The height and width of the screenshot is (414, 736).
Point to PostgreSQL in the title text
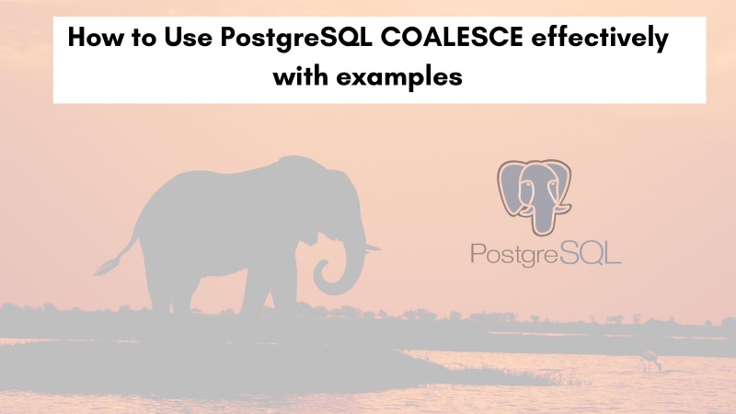click(x=293, y=42)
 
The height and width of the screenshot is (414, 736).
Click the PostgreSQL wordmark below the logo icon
click(x=546, y=250)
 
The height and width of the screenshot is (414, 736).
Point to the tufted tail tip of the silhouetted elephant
click(x=104, y=268)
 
